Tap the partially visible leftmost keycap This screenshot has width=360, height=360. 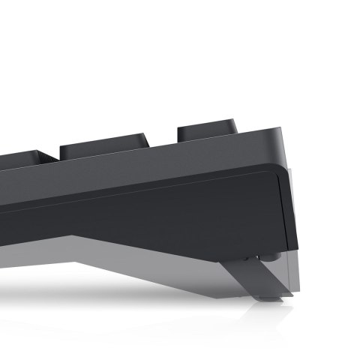[x=22, y=160]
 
